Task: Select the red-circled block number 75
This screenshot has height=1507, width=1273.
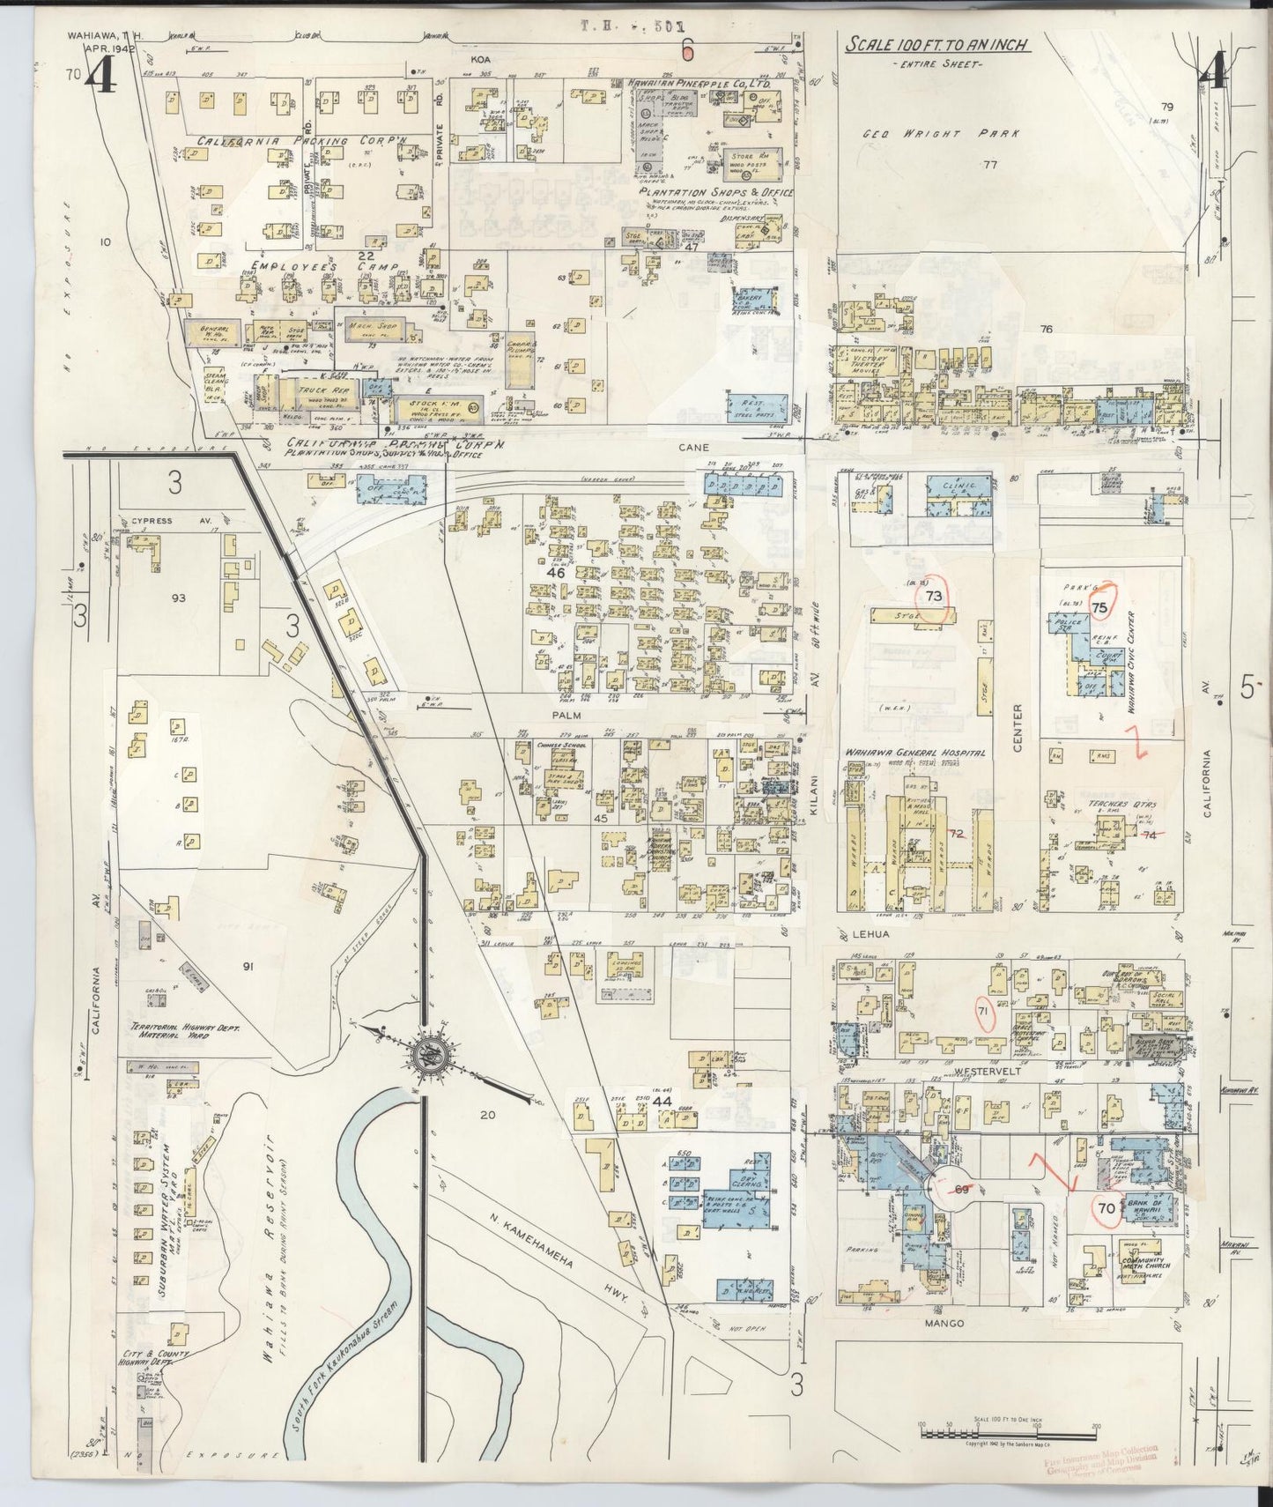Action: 1099,607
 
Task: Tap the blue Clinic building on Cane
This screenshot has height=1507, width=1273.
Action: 962,498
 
